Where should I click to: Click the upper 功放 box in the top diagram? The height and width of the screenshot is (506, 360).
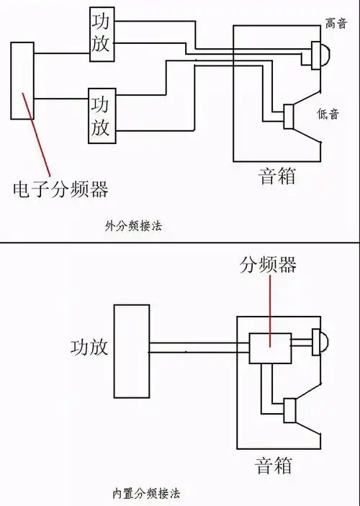click(x=102, y=34)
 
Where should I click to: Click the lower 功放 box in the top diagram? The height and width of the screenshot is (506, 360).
click(x=102, y=114)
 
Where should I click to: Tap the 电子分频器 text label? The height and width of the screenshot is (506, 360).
click(x=60, y=189)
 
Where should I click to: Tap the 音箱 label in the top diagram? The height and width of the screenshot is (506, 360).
click(x=277, y=175)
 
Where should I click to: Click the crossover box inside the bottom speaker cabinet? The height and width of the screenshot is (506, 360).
click(x=269, y=348)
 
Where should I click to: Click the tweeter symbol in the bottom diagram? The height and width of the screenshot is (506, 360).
click(x=316, y=342)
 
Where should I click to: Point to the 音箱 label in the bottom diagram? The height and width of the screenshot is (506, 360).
click(x=274, y=465)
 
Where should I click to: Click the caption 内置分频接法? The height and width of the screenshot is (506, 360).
click(x=146, y=494)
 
